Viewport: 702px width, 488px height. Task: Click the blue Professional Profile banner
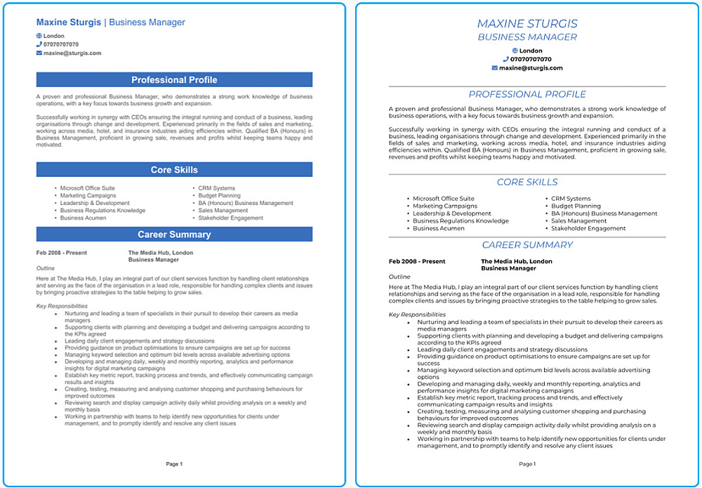pos(174,80)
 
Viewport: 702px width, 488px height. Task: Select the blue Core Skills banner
pos(174,170)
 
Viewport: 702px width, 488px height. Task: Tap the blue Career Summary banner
pos(174,235)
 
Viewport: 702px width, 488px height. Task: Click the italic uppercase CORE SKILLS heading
pos(527,182)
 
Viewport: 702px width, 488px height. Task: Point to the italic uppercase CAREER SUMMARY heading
pos(527,245)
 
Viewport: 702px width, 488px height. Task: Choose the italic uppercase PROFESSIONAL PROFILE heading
pos(527,94)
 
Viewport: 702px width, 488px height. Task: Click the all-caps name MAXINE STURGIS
pos(527,24)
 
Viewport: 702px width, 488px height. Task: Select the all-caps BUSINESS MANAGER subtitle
pos(527,37)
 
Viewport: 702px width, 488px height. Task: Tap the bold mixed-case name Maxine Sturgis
pos(69,22)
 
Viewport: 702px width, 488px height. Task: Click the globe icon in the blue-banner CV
pos(39,36)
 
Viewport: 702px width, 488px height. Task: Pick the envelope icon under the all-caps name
pos(494,68)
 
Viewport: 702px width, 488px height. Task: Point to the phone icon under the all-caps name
pos(505,60)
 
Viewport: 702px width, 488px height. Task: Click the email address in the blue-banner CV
pos(72,53)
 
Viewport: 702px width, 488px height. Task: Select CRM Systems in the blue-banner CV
pos(217,188)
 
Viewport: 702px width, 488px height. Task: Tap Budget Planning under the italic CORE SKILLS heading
pos(576,206)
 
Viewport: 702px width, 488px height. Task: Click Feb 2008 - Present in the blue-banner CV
pos(62,253)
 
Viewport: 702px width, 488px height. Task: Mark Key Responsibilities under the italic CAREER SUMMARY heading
pos(417,315)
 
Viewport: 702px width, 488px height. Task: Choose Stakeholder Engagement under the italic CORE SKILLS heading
pos(588,228)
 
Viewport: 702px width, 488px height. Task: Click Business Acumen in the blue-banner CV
pos(83,218)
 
